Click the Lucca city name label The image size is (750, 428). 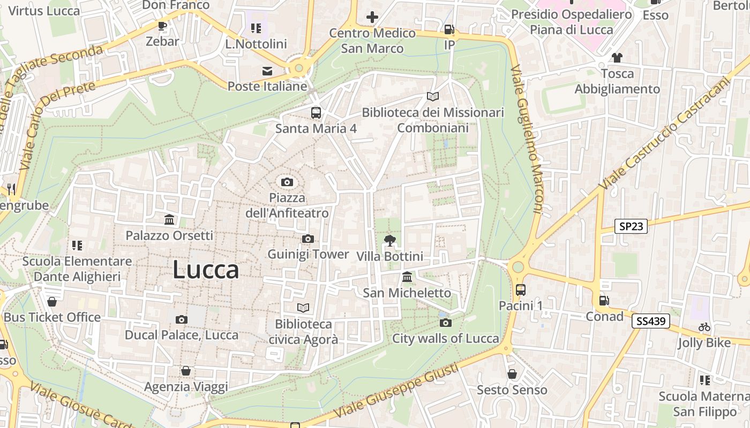tap(206, 270)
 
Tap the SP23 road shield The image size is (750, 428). tap(631, 226)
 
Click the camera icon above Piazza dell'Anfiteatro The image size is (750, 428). tap(287, 182)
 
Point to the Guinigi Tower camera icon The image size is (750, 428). tap(308, 239)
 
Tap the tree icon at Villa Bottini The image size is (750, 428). tap(390, 241)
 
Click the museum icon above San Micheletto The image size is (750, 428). tap(407, 277)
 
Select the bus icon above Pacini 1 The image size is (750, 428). tap(520, 290)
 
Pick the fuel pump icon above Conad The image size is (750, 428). tap(604, 301)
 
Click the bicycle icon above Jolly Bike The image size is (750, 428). tap(704, 327)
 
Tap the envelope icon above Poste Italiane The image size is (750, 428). tap(267, 71)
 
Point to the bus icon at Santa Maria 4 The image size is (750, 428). tap(316, 112)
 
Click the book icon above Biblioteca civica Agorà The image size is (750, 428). tap(303, 308)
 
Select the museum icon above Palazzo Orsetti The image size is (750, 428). tap(169, 219)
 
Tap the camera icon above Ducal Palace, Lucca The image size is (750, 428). tap(182, 319)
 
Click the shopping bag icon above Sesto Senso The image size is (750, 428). tap(512, 373)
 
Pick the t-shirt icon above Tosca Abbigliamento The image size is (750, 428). tap(617, 57)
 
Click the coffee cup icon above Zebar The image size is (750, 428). tap(162, 25)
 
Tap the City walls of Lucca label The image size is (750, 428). tap(446, 338)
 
